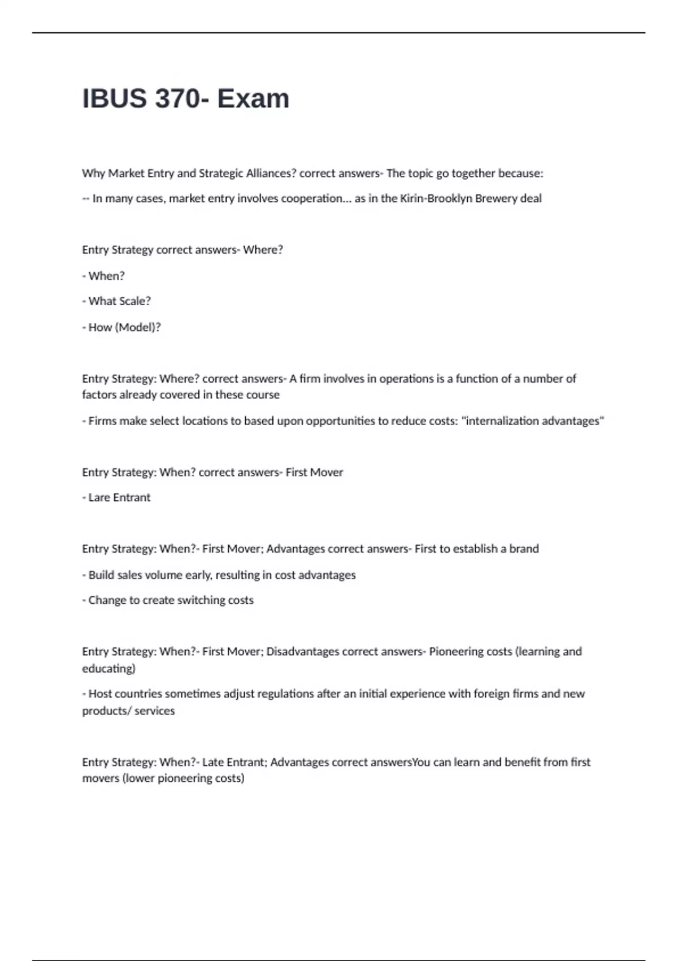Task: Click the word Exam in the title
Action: pyautogui.click(x=253, y=98)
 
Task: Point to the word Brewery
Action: pyautogui.click(x=496, y=198)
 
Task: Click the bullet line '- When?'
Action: pyautogui.click(x=103, y=276)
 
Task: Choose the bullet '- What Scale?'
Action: pyautogui.click(x=116, y=301)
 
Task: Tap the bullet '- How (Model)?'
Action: pyautogui.click(x=121, y=327)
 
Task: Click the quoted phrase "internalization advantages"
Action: pyautogui.click(x=533, y=421)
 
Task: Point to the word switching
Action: pyautogui.click(x=186, y=600)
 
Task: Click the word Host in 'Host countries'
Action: pyautogui.click(x=101, y=694)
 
